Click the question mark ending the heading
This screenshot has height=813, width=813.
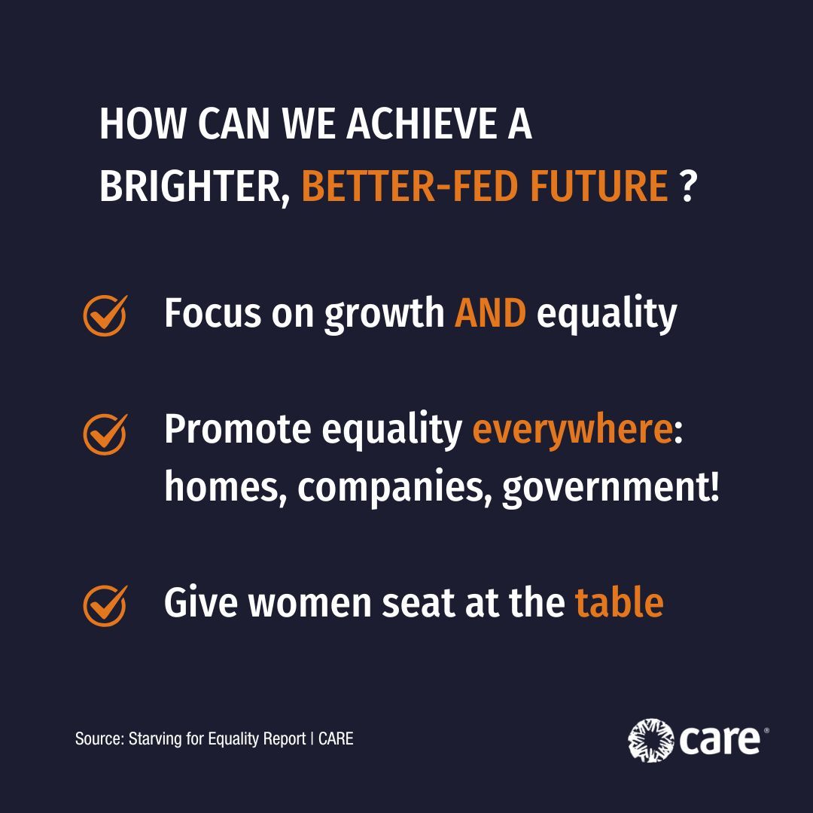coord(686,187)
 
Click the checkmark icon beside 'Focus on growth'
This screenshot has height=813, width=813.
coord(105,315)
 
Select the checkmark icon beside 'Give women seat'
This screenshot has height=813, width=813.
coord(105,605)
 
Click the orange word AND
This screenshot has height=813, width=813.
coord(490,313)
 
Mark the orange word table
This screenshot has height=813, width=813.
coord(620,602)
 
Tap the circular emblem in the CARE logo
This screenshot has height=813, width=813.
coord(650,740)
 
